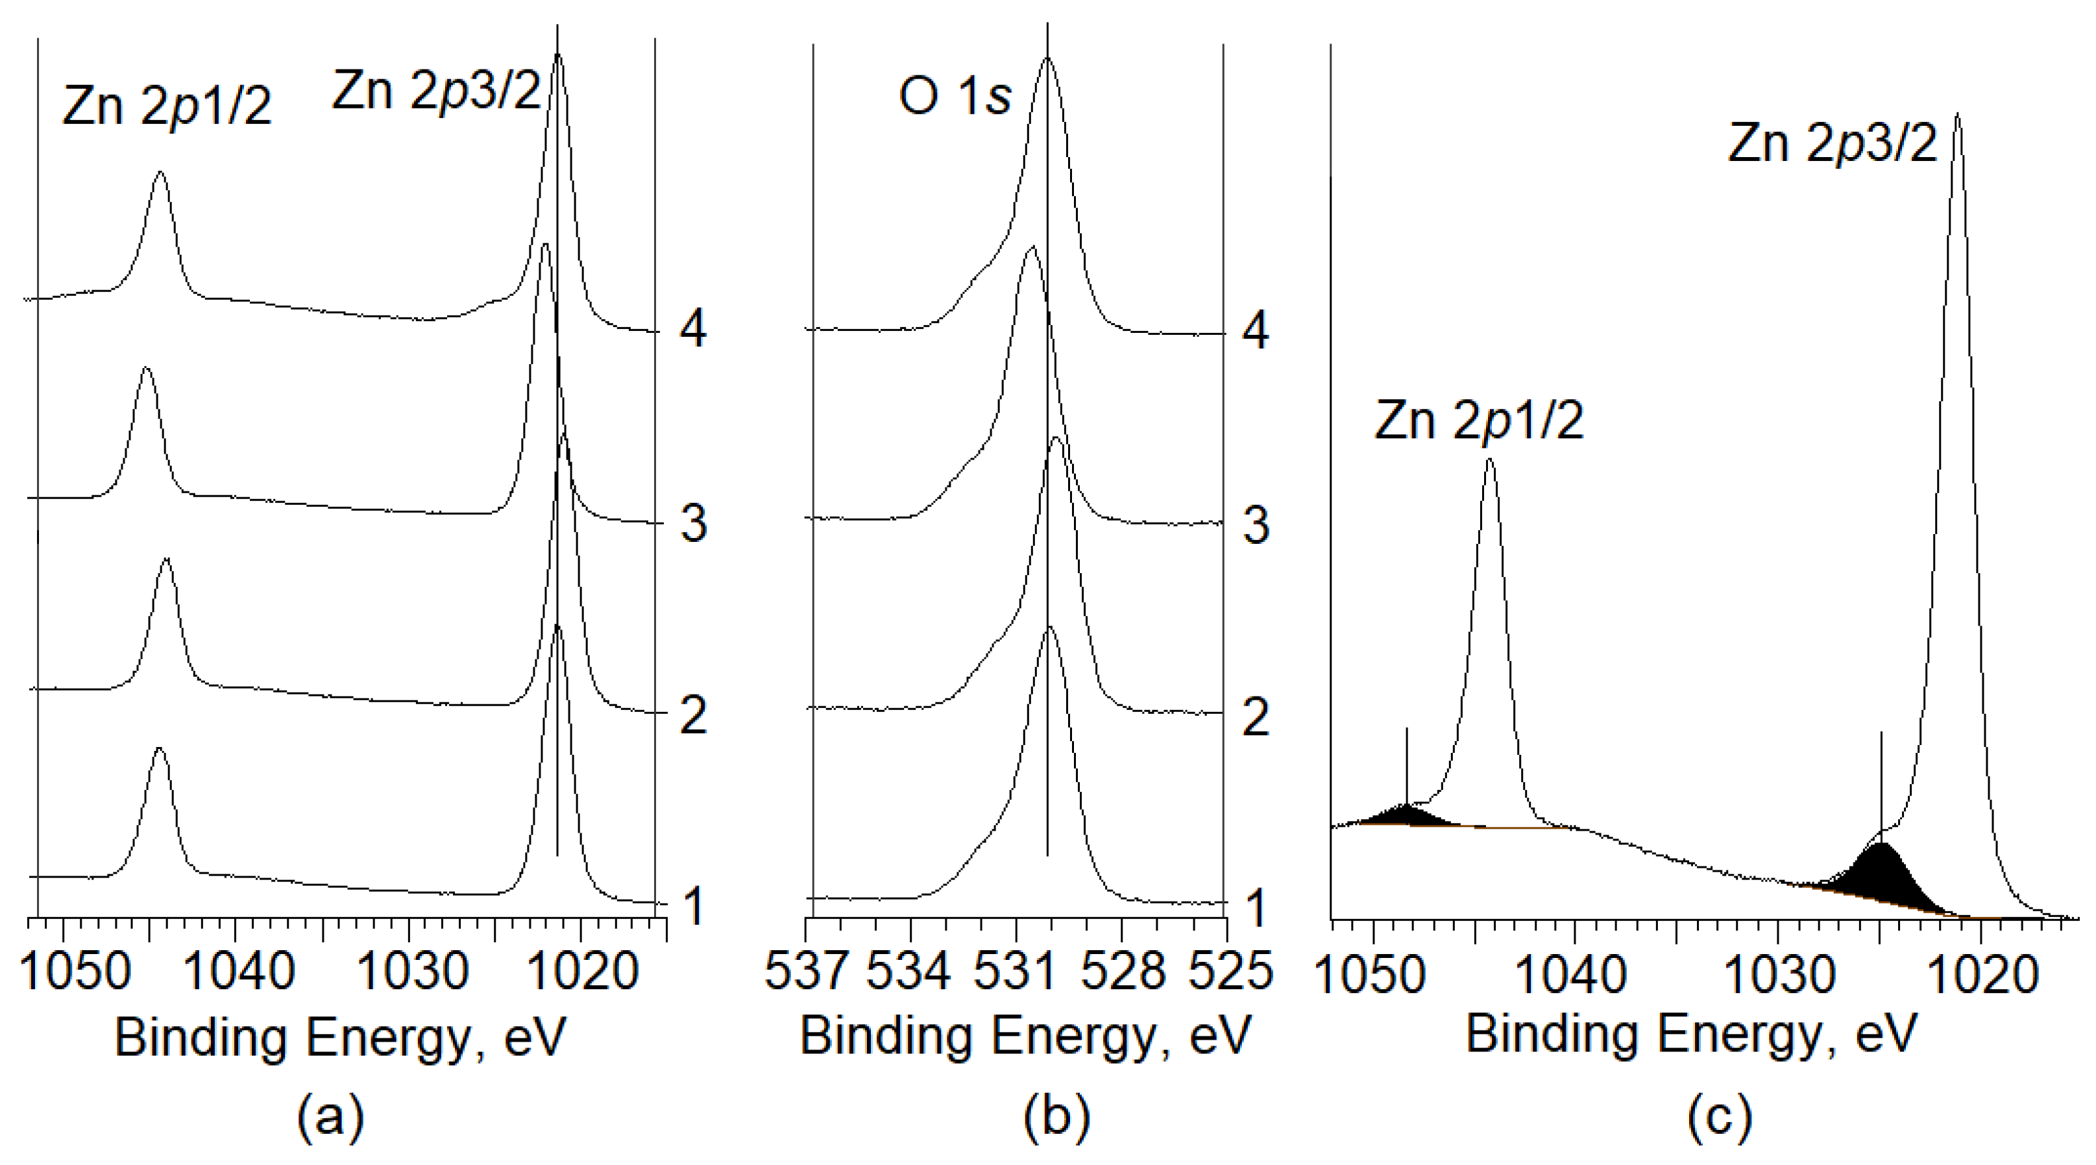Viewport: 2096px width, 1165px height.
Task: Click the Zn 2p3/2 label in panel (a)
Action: point(436,91)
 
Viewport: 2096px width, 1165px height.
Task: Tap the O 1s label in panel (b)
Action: point(955,97)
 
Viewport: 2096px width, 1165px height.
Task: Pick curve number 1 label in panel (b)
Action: point(1256,907)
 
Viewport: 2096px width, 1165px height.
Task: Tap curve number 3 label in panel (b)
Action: point(1256,526)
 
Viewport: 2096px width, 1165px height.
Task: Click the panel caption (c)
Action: point(1718,1117)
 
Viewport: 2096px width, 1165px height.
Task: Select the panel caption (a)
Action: point(330,1117)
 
